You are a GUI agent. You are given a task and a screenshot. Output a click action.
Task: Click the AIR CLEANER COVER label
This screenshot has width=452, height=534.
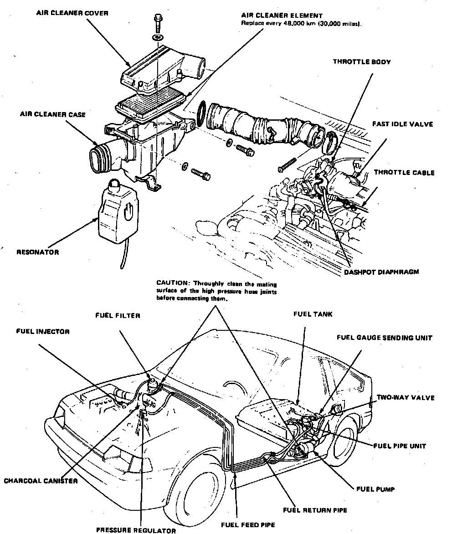coord(72,13)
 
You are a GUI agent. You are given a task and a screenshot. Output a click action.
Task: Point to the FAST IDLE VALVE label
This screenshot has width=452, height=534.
coord(402,123)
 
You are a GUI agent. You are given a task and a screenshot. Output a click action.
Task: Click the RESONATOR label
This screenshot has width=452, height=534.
coord(37,252)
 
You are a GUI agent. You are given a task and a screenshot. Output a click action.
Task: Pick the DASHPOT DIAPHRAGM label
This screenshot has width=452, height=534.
coord(381,272)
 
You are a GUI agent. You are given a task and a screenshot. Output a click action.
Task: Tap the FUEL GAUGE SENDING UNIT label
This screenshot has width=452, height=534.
coord(384,338)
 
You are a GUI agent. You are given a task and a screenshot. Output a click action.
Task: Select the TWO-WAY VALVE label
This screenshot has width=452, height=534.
coord(405,398)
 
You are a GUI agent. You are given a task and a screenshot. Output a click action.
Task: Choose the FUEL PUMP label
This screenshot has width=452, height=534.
coord(375,489)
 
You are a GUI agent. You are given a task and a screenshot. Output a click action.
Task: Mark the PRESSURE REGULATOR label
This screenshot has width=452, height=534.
coord(136,530)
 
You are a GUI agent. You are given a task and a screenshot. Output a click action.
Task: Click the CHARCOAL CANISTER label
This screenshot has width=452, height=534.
coord(41,481)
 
